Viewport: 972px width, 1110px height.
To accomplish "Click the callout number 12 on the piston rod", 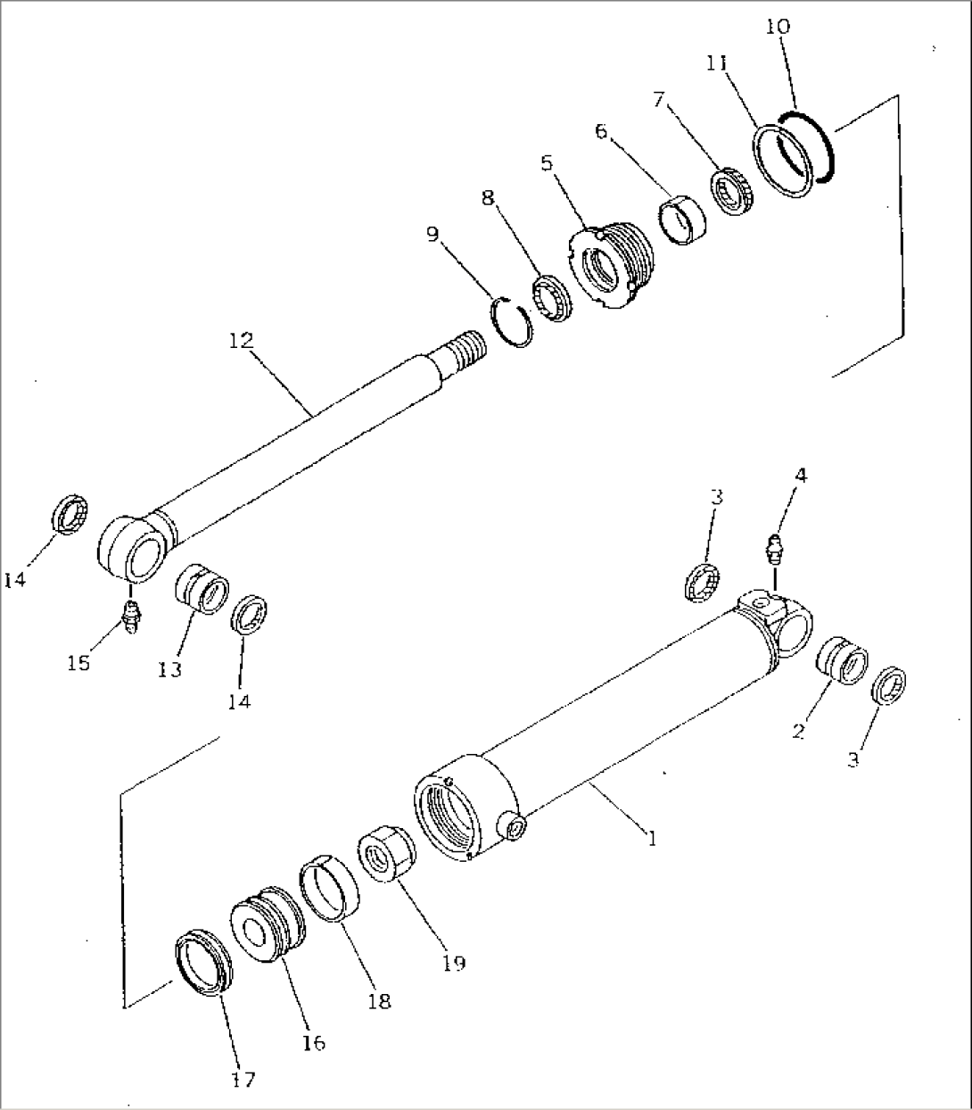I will click(241, 340).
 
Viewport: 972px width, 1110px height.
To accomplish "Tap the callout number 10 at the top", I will click(778, 26).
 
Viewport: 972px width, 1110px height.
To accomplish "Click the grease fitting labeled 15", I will click(131, 616).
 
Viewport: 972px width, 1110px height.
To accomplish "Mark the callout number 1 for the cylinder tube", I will click(653, 839).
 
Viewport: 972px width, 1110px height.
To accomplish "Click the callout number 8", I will click(488, 198).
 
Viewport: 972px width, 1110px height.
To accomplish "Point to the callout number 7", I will click(658, 100).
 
